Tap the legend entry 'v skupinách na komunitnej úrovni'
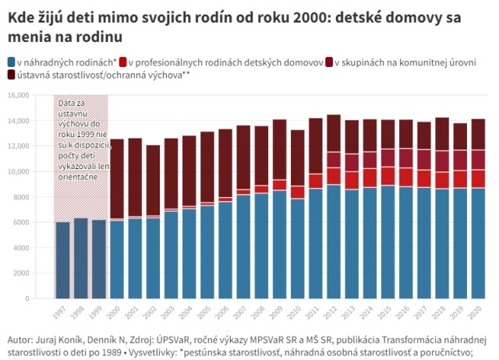coord(405,62)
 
